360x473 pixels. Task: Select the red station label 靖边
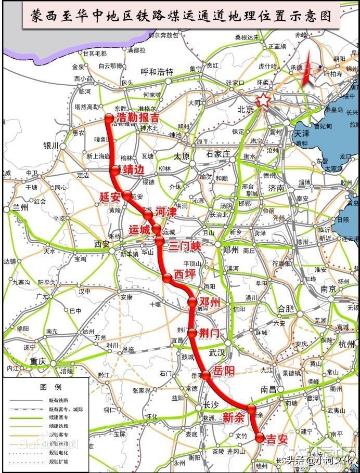tap(133, 170)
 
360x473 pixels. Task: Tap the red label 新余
tap(233, 416)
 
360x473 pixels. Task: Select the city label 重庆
tap(38, 361)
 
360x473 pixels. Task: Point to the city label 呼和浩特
tap(157, 72)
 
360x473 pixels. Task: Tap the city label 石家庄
tap(217, 154)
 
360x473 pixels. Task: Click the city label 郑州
tap(231, 250)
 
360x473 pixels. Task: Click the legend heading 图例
tap(51, 387)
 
